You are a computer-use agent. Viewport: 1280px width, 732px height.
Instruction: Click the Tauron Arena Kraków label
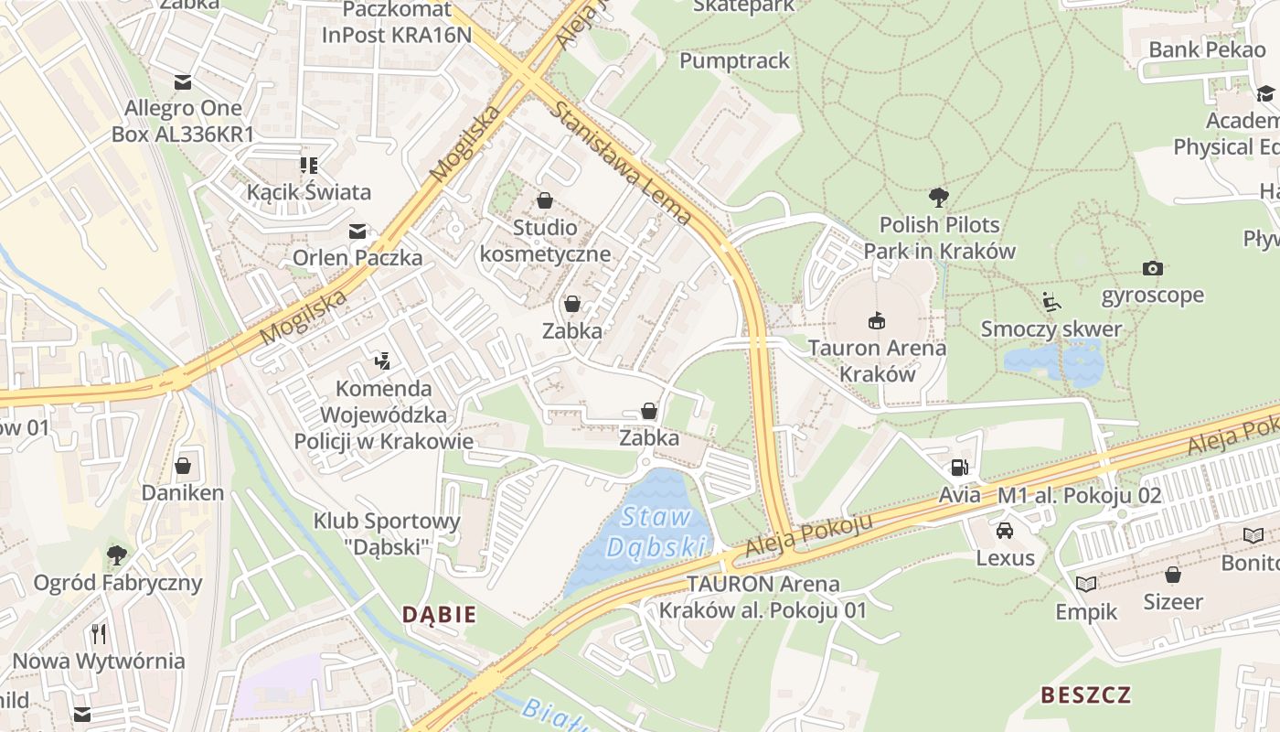[x=877, y=361]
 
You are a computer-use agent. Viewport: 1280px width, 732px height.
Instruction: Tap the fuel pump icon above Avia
[x=959, y=468]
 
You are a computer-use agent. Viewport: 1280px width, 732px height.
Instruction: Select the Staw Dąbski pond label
[x=656, y=532]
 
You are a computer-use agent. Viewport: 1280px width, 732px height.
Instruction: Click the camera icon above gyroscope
[x=1153, y=268]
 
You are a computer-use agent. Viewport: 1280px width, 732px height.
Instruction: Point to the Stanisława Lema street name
[x=622, y=163]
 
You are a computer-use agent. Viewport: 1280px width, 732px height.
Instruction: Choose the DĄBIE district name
[x=440, y=614]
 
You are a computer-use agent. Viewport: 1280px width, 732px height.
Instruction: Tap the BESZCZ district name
[x=1085, y=694]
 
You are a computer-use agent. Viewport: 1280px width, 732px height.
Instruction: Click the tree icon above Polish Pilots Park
[x=938, y=196]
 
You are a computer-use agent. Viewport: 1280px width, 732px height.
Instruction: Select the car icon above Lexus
[x=1005, y=530]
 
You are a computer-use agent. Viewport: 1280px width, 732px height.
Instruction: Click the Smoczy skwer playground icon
[x=1051, y=301]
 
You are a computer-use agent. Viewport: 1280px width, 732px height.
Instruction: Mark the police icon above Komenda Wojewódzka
[x=383, y=361]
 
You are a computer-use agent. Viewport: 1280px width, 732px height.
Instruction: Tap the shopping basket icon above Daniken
[x=183, y=466]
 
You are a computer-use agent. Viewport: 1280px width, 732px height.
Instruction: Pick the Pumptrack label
[x=734, y=60]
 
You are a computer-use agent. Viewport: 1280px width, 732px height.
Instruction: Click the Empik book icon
[x=1086, y=584]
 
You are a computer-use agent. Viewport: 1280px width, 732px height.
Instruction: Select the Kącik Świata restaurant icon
[x=309, y=166]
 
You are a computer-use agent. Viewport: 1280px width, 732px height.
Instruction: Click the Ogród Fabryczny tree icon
[x=117, y=554]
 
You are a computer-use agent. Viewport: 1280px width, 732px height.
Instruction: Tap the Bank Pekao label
[x=1207, y=49]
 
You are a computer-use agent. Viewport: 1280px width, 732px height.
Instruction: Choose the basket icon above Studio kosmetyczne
[x=546, y=200]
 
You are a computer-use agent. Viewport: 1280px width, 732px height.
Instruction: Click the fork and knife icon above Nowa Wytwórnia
[x=99, y=633]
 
